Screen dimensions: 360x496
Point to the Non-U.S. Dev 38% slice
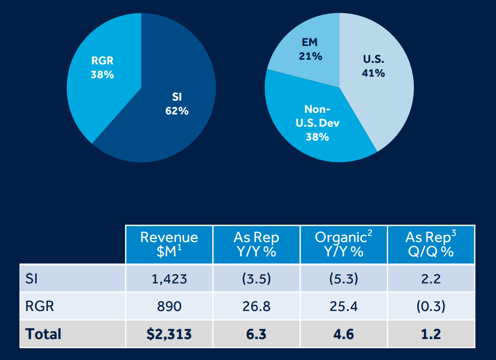[x=317, y=123]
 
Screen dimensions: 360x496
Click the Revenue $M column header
[x=169, y=244]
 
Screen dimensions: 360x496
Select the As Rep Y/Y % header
[x=256, y=244]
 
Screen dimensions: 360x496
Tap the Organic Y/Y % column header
[x=343, y=244]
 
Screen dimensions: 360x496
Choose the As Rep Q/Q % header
[x=431, y=244]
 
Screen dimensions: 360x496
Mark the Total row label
[x=43, y=334]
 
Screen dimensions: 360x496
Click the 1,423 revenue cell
[x=169, y=279]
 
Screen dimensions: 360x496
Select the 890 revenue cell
[x=169, y=306]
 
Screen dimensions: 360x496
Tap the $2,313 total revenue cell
[x=169, y=334]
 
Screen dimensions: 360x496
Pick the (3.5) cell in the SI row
[x=256, y=279]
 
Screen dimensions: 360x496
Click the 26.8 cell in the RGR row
[x=256, y=306]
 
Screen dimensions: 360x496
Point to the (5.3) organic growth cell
[x=343, y=279]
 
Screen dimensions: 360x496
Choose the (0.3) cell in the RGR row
[x=431, y=306]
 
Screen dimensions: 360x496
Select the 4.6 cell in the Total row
[x=343, y=334]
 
